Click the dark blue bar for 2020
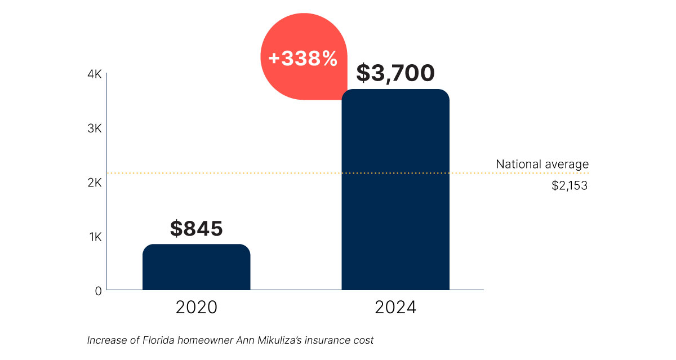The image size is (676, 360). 196,267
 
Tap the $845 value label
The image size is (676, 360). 196,229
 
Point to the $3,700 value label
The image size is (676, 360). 395,73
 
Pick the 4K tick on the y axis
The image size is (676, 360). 94,74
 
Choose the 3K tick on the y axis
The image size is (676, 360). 94,128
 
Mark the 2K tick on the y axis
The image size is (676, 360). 94,183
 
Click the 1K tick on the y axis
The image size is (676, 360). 95,237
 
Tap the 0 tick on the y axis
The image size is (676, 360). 98,291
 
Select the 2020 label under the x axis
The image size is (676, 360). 196,308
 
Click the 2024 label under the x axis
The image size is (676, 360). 395,308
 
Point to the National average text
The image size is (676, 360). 542,165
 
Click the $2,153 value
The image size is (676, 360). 570,185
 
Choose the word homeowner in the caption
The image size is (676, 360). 201,340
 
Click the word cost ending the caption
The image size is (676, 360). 363,340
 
